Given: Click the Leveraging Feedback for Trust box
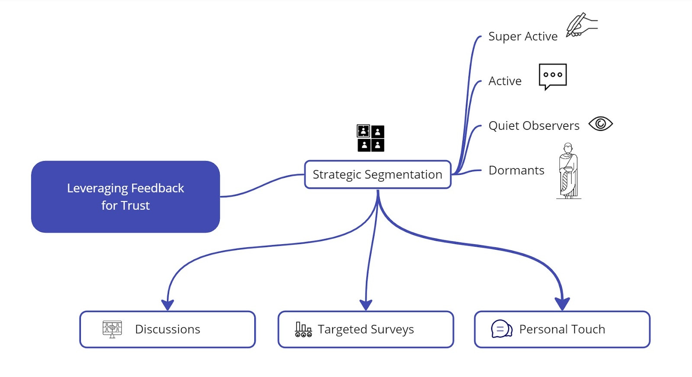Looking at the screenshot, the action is tap(125, 197).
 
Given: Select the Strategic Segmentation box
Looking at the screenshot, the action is tap(378, 174).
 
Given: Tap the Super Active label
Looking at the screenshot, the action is tap(523, 36).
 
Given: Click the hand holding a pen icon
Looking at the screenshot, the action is tap(582, 25).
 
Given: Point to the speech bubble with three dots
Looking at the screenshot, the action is tap(553, 77).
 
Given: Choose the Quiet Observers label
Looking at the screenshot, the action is tap(534, 126).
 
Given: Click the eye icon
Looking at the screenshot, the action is tap(601, 124).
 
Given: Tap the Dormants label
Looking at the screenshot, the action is tap(516, 171).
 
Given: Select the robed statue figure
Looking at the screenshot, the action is tap(568, 171).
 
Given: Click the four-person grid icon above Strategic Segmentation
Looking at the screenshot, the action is tap(370, 138).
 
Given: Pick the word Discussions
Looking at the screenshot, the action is tap(167, 329).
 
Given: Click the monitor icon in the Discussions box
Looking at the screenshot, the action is tap(112, 329).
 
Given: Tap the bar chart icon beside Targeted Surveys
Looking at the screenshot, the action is tap(303, 330).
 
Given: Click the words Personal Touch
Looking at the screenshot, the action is tap(562, 329).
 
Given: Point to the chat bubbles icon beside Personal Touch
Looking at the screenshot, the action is tap(502, 329).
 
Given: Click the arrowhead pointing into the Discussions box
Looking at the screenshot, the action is tap(167, 305).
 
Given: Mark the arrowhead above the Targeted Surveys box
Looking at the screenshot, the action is tap(366, 305).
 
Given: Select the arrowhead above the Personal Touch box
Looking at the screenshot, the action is tap(562, 304).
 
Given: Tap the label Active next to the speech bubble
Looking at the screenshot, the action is tap(505, 81).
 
